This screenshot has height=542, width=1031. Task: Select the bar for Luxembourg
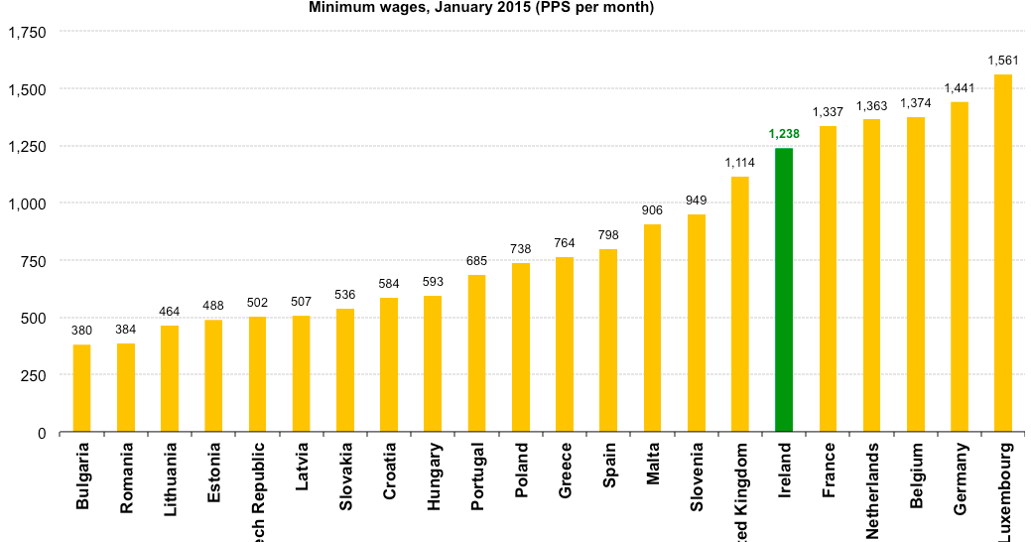pos(1003,253)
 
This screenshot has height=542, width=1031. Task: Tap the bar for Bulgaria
pos(81,388)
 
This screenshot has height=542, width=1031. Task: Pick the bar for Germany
pos(960,267)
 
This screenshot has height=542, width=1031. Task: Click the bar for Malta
pos(652,328)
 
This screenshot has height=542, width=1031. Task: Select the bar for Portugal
pos(476,353)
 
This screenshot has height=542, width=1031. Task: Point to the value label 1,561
pos(1003,61)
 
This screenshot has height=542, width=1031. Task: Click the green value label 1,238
pos(784,134)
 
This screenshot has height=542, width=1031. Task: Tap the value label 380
pos(81,331)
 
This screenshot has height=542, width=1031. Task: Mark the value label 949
pos(697,201)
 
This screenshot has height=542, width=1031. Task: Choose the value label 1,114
pos(740,163)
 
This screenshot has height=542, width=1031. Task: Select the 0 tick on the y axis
pos(42,433)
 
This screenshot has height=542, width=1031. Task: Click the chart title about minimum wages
pos(481,7)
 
